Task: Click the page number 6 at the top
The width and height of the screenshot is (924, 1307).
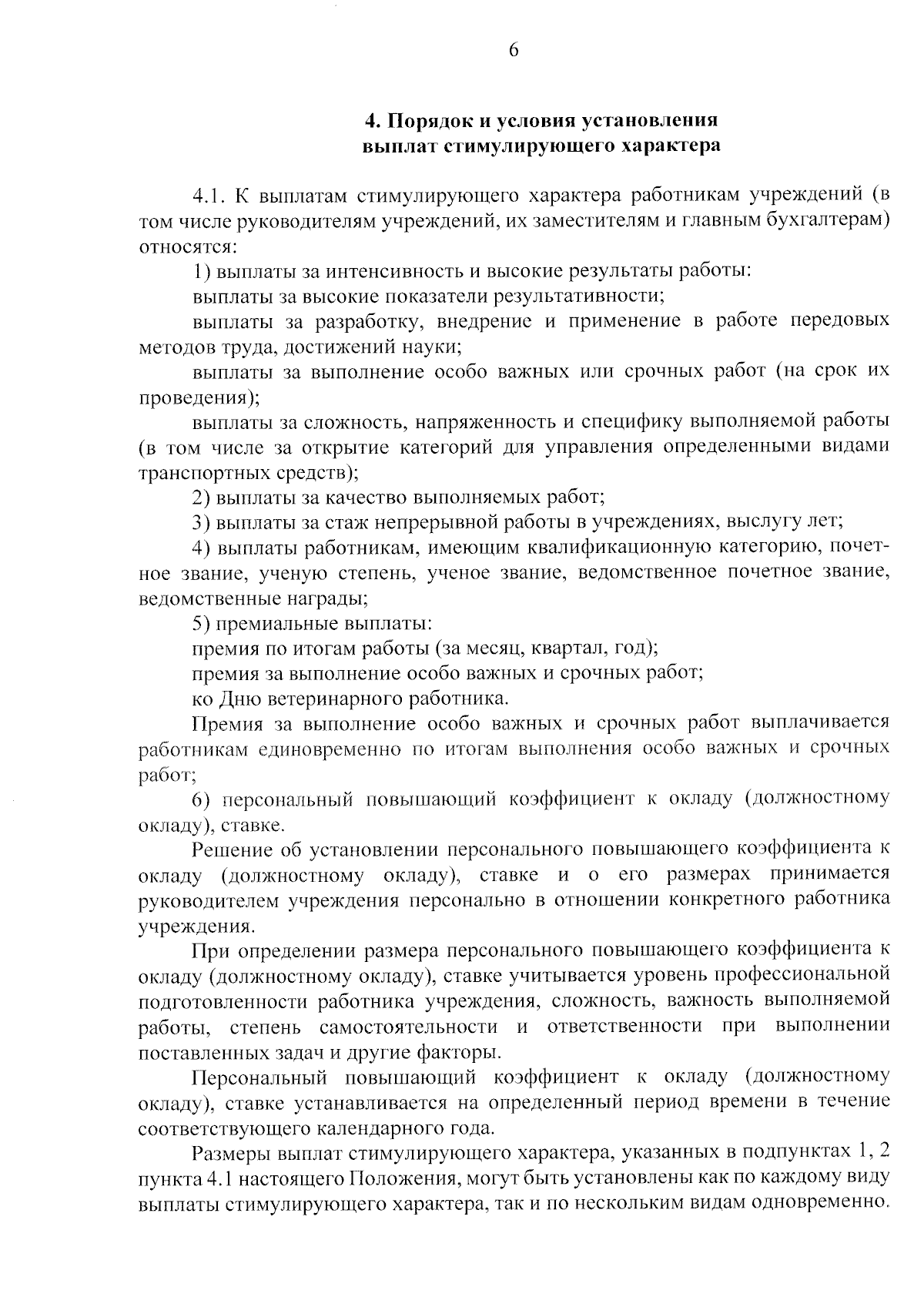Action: tap(514, 50)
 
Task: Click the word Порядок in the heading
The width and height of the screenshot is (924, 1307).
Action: tap(428, 121)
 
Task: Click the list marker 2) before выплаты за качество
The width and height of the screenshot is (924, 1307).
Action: tap(202, 497)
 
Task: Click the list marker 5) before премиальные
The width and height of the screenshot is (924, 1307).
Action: tap(202, 622)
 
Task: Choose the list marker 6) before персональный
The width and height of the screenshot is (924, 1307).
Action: tap(202, 799)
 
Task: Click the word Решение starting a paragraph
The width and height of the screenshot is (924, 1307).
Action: tap(239, 850)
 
